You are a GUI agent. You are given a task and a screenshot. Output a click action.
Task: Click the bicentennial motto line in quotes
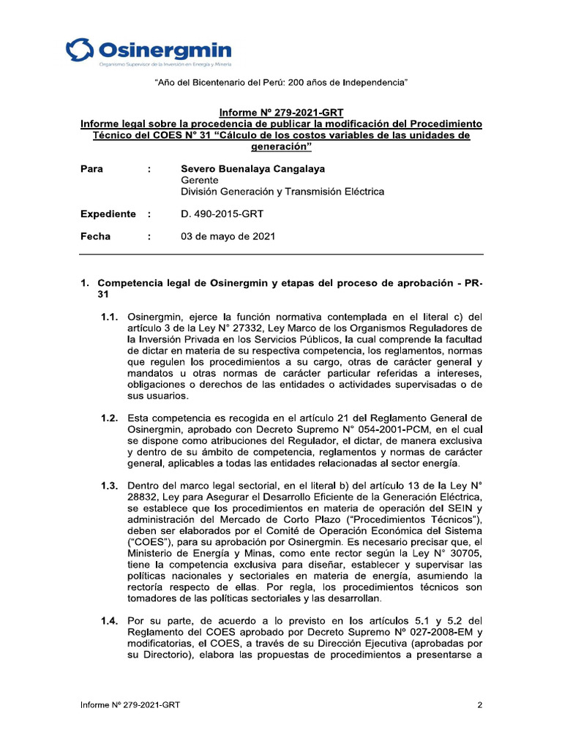tap(281, 83)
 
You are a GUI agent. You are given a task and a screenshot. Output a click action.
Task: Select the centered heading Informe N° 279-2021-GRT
tap(281, 113)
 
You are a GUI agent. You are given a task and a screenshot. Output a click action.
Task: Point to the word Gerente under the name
tap(200, 181)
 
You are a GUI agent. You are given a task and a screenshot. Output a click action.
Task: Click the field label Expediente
tap(108, 214)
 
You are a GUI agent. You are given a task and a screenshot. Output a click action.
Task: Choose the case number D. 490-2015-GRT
tap(222, 214)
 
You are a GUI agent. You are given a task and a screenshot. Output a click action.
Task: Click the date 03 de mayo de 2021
tap(228, 237)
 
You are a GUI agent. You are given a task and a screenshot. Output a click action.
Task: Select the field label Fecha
tap(95, 237)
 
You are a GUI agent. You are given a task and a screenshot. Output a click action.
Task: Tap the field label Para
tap(91, 169)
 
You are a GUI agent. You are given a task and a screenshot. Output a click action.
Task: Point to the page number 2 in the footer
tap(479, 705)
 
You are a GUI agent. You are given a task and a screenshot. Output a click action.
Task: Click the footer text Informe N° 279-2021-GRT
tap(130, 705)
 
